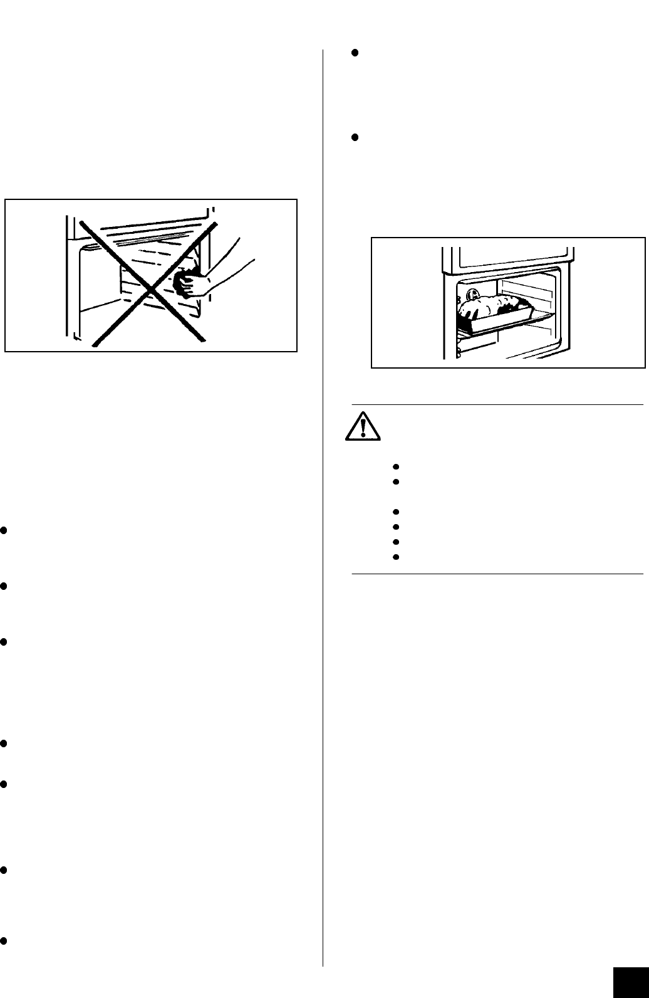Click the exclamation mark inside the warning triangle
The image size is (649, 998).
click(x=363, y=426)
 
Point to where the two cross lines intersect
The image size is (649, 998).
click(x=149, y=283)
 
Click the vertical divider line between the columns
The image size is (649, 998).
click(x=323, y=502)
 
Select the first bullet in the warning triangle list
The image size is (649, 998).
click(x=396, y=466)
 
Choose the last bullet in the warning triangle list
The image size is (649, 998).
click(x=396, y=557)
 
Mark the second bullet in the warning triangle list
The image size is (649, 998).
click(x=396, y=481)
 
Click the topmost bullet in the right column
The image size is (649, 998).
click(x=354, y=53)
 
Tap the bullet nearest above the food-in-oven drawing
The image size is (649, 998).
click(x=354, y=137)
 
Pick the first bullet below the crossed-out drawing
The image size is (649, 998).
click(x=4, y=530)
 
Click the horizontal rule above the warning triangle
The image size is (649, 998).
click(x=497, y=405)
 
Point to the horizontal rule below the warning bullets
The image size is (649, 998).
click(x=497, y=573)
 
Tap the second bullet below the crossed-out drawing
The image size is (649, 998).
click(x=4, y=586)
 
